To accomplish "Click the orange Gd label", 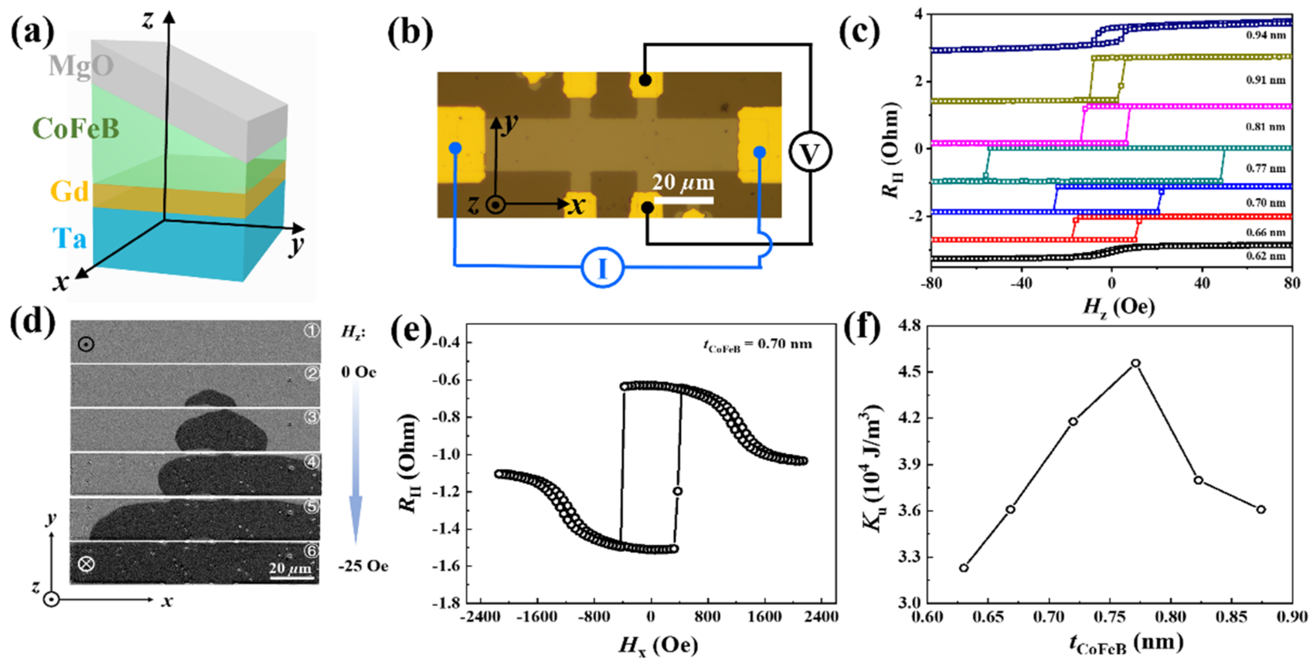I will tap(69, 192).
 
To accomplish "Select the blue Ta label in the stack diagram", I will tap(69, 238).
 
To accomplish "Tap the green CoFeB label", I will tap(76, 128).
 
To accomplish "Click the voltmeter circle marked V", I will tap(809, 152).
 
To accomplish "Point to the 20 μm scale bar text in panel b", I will tap(683, 182).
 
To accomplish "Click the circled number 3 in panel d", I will tap(311, 417).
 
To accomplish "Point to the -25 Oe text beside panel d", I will tap(363, 566).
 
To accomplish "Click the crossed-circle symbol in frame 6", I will tap(86, 564).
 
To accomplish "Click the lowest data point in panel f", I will tap(964, 568).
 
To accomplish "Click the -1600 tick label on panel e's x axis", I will tap(537, 616).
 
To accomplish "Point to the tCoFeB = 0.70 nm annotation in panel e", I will tap(757, 345).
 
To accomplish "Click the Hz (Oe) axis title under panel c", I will tap(1119, 307).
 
